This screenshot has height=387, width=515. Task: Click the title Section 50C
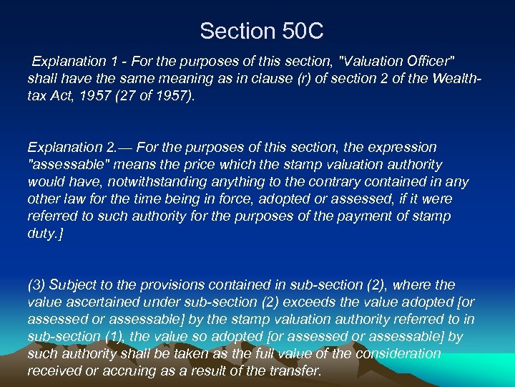pyautogui.click(x=262, y=31)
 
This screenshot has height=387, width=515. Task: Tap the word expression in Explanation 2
pyautogui.click(x=402, y=147)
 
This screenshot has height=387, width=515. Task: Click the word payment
pyautogui.click(x=330, y=216)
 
